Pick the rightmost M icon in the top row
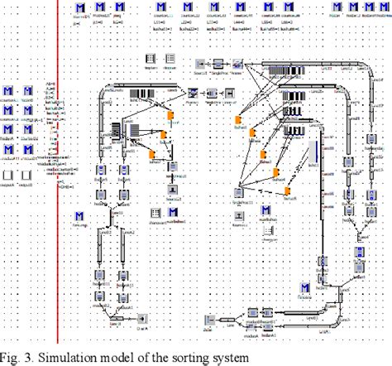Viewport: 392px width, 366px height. point(380,8)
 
